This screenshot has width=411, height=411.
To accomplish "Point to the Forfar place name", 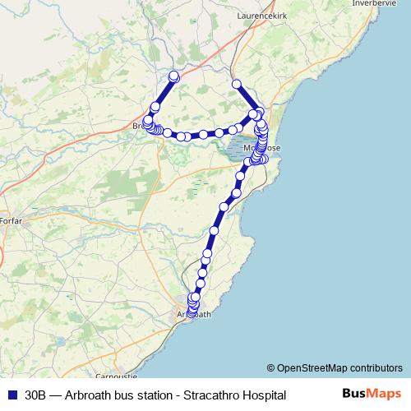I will tap(11, 222).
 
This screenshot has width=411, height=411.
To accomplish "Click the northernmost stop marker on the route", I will tap(173, 76).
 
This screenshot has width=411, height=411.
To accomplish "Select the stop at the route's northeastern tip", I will tap(237, 84).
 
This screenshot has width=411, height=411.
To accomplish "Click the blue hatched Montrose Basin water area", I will tap(239, 149).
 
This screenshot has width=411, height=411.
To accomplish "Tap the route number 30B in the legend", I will tap(35, 395).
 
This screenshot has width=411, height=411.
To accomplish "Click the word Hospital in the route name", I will tap(264, 395).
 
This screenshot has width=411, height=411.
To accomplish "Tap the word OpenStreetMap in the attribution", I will tap(312, 368).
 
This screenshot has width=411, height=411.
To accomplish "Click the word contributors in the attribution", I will tap(377, 368).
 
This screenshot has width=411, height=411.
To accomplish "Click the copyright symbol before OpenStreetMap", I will tap(271, 368).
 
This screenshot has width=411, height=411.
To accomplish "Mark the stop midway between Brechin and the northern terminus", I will tap(155, 107).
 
